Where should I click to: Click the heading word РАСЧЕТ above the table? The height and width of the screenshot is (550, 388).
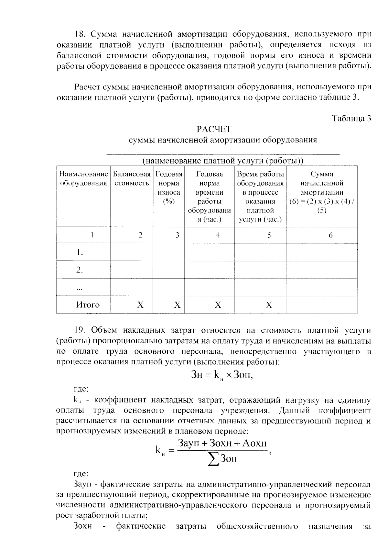[x=214, y=129]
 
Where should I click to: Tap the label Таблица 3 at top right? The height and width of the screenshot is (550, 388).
[x=351, y=119]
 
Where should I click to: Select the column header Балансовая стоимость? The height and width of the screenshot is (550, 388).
[x=132, y=178]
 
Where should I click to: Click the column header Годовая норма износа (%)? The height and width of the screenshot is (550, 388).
[x=169, y=188]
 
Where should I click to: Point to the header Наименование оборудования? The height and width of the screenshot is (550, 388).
[x=83, y=178]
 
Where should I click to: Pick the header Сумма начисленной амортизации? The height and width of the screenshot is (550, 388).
[x=322, y=192]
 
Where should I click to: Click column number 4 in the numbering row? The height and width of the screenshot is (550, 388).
[x=218, y=235]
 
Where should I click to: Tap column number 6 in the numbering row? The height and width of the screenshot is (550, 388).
[x=330, y=235]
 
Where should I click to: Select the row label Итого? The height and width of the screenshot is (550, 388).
[x=88, y=304]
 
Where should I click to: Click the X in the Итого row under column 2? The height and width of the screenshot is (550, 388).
[x=140, y=305]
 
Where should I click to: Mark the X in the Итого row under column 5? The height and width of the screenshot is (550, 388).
[x=269, y=305]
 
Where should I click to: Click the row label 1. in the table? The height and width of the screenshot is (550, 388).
[x=80, y=252]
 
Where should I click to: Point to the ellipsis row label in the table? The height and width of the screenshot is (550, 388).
[x=79, y=288]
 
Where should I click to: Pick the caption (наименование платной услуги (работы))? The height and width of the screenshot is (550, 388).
[x=223, y=161]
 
